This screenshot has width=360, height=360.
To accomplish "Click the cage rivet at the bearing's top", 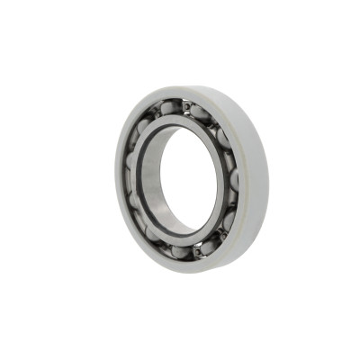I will (185, 106).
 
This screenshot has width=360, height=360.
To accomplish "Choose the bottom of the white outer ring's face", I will (193, 265).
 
